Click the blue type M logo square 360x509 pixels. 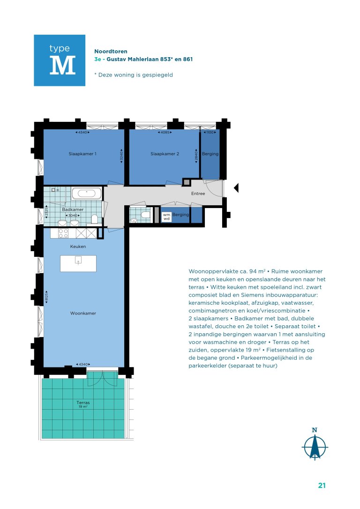point(60,60)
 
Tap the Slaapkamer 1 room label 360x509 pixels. point(82,154)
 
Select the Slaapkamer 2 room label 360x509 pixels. point(165,154)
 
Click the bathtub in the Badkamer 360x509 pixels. point(86,194)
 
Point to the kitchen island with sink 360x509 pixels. point(78,263)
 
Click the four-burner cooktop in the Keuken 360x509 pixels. point(63,233)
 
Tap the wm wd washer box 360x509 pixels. point(166,217)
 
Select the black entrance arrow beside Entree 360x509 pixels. point(236,187)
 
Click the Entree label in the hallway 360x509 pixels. point(198,194)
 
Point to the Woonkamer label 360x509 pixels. point(83,313)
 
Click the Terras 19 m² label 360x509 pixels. point(83,404)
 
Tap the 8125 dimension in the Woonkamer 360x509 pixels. point(47,297)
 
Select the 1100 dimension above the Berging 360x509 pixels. point(210,133)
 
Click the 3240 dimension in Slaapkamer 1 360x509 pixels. point(122,156)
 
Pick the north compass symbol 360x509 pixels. point(315,444)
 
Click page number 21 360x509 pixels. point(322,485)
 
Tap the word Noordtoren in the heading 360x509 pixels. point(111,51)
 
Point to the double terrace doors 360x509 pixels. point(102,378)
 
